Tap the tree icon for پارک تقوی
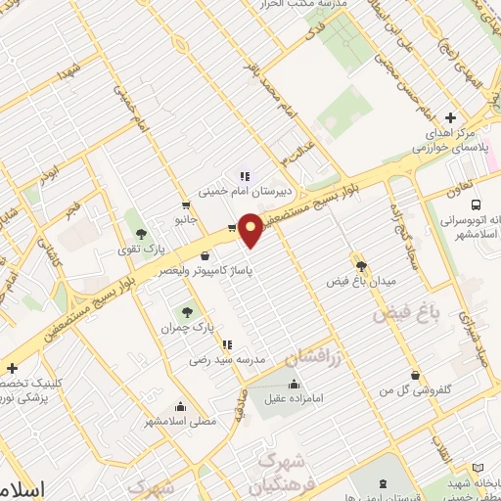tap(141, 233)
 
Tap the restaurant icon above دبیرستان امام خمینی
tap(245, 177)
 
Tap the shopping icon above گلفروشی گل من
tap(416, 375)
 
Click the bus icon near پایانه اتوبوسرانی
tap(475, 205)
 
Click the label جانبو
tap(186, 223)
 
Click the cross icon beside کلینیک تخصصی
tap(12, 368)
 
